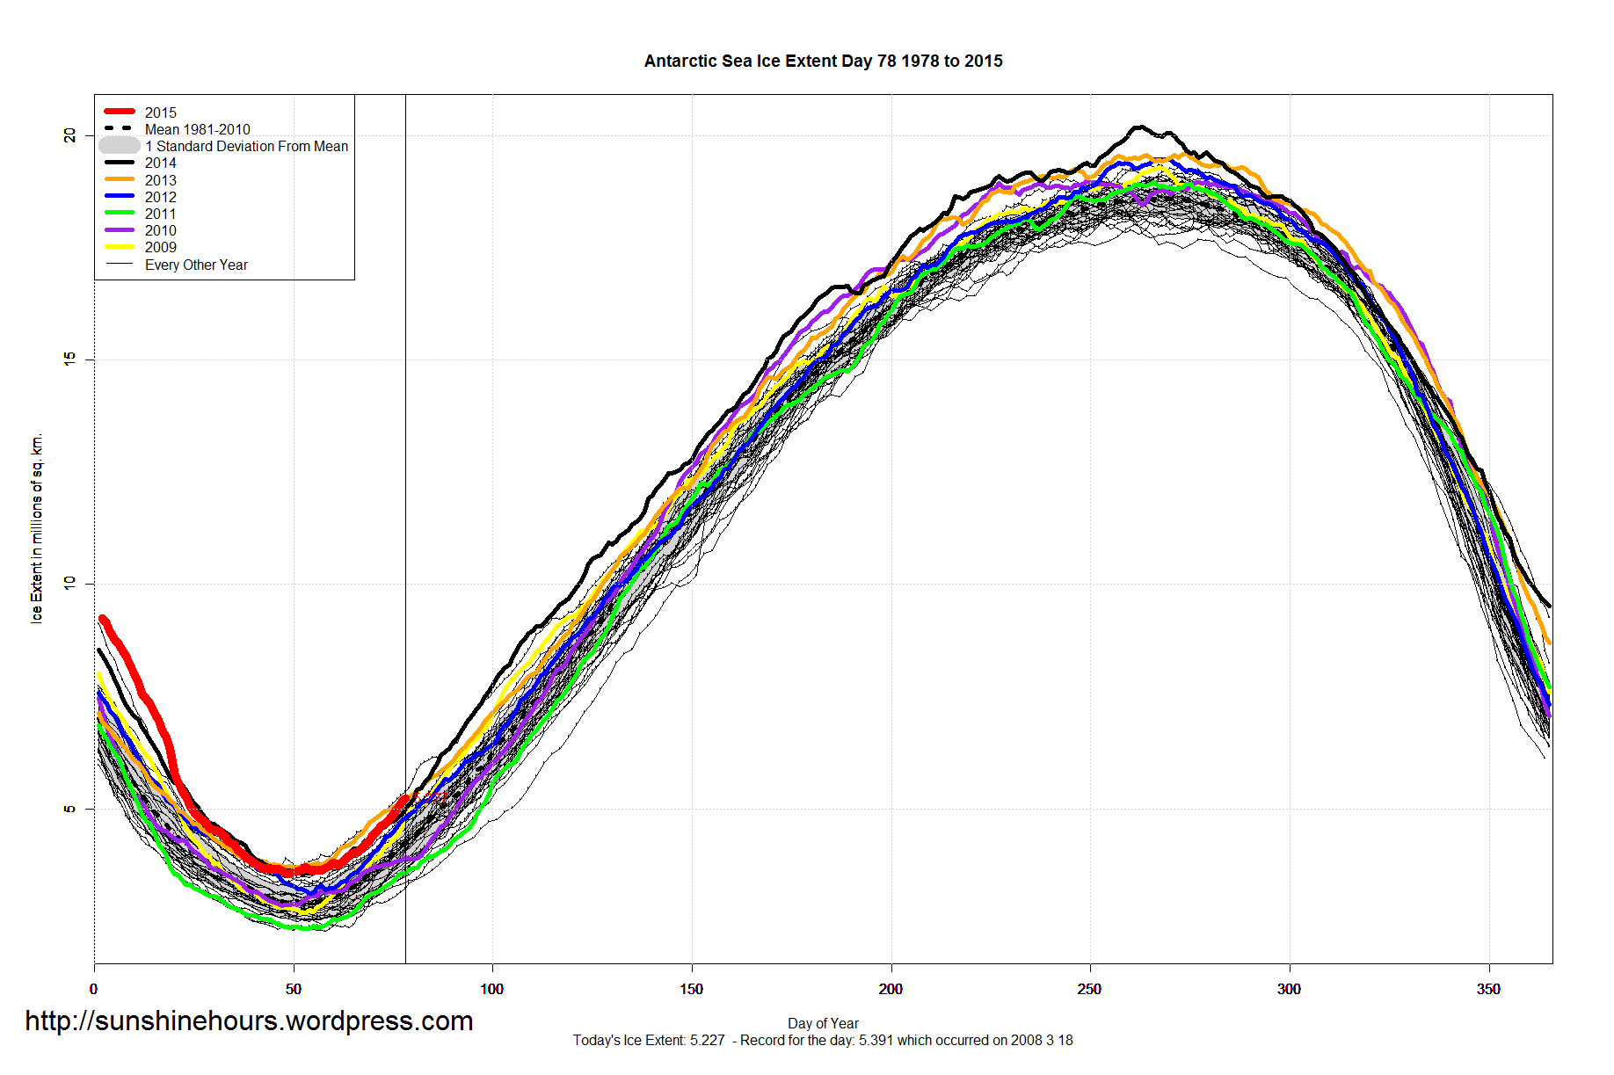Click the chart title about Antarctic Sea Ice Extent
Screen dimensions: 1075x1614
coord(823,61)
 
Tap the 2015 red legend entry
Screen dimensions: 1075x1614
coord(160,113)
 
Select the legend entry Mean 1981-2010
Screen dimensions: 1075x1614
coord(197,129)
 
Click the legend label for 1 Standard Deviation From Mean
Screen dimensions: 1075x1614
coord(246,146)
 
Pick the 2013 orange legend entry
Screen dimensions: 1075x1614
coord(160,180)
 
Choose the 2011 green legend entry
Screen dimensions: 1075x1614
coord(160,214)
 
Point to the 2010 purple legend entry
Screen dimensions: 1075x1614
coord(160,230)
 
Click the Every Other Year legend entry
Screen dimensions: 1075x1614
coord(196,265)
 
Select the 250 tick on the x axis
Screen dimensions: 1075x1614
coord(1089,989)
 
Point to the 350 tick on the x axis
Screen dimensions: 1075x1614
coord(1488,989)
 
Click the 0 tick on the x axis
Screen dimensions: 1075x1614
coord(94,989)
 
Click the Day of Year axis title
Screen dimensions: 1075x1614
coord(823,1023)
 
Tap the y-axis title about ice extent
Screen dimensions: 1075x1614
coord(36,528)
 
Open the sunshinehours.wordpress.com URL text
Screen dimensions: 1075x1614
coord(249,1021)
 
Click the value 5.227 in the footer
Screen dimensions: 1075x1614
coord(708,1041)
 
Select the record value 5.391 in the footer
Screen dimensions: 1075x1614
coord(876,1041)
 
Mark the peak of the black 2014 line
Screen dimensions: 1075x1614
coord(1139,127)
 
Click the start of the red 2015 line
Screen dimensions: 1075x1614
coord(102,619)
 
